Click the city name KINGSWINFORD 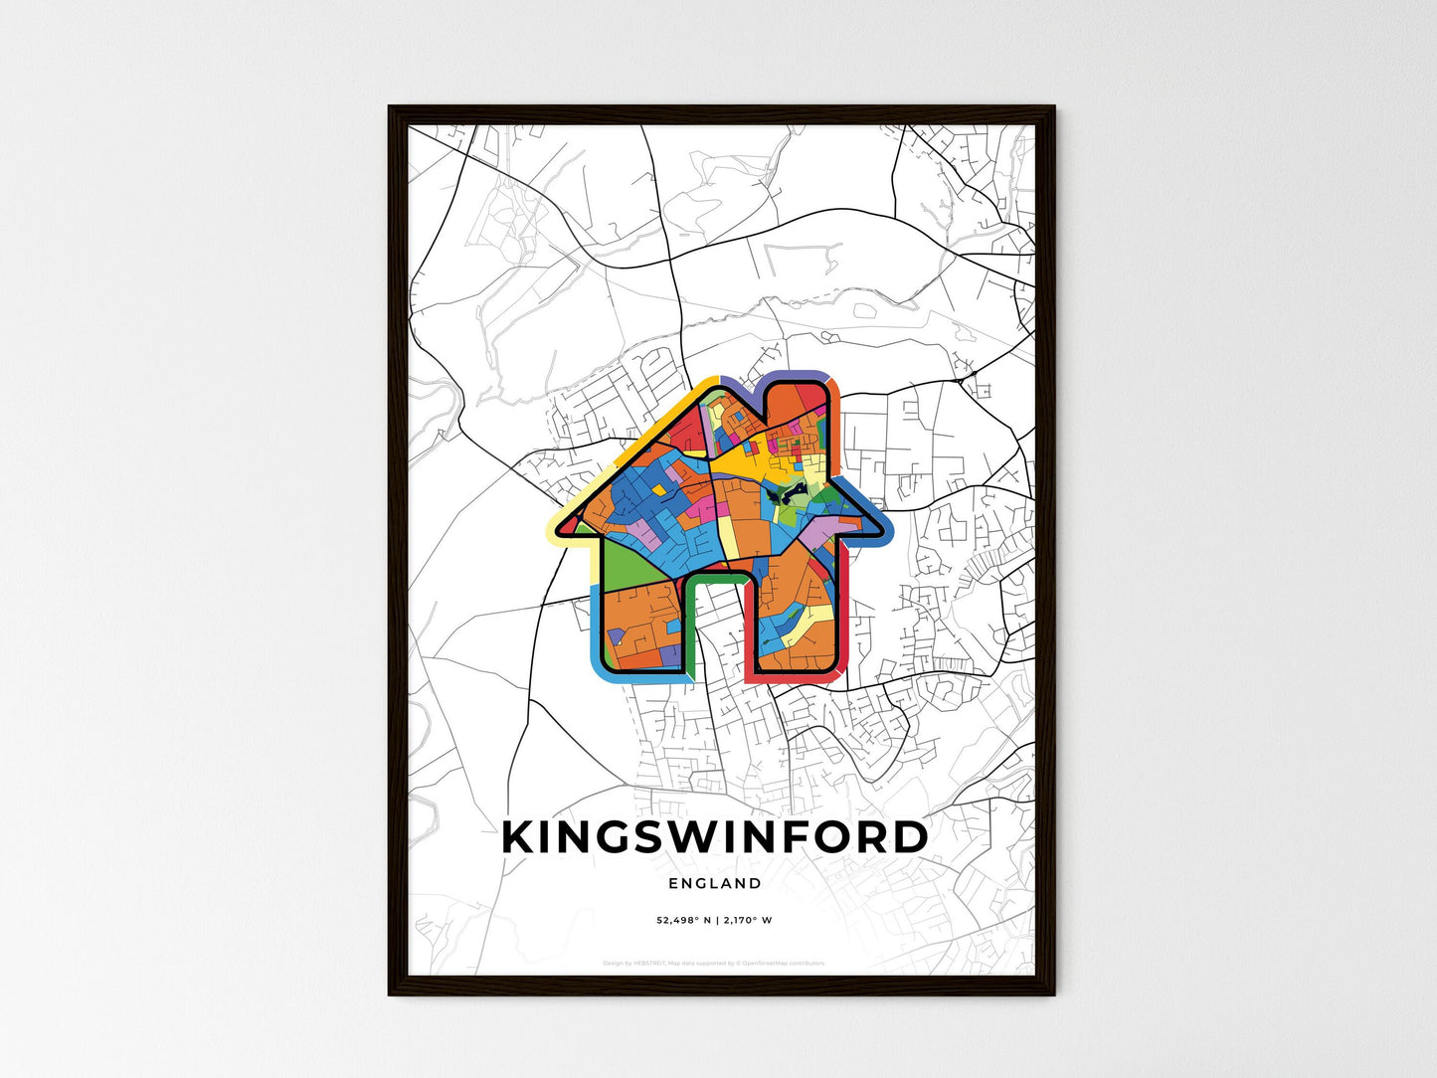(715, 837)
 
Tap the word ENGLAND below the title (715, 883)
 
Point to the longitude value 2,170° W (749, 920)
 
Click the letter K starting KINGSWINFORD (520, 837)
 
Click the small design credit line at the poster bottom (715, 963)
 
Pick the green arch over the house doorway (713, 574)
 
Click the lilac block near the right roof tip (821, 538)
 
